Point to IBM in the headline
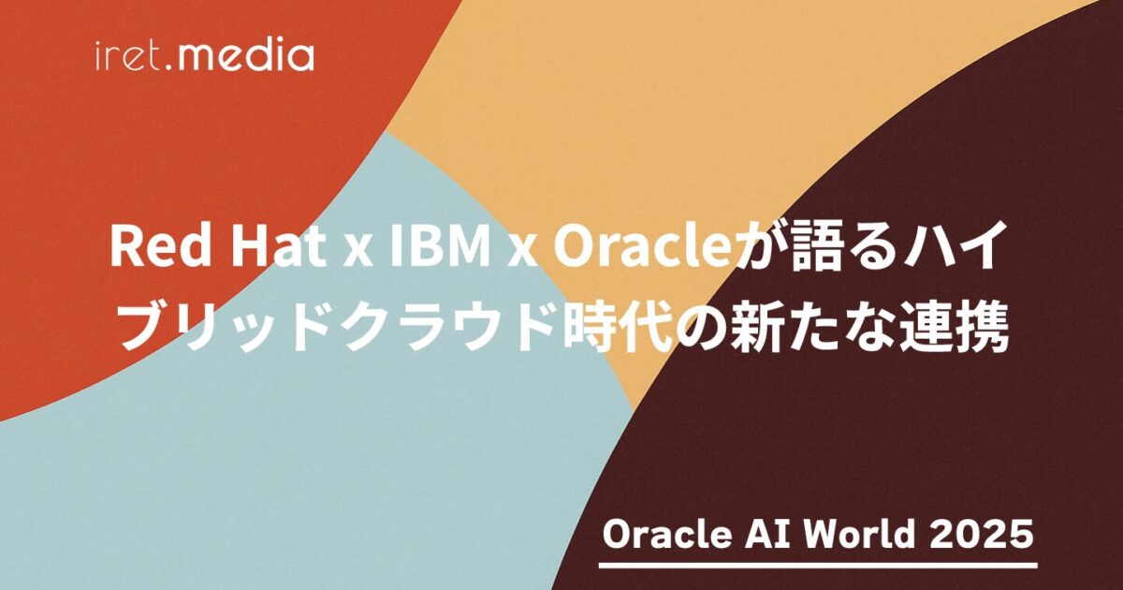click(x=439, y=247)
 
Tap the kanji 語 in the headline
click(x=814, y=245)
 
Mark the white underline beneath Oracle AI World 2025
click(x=818, y=566)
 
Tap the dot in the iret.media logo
click(x=169, y=66)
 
